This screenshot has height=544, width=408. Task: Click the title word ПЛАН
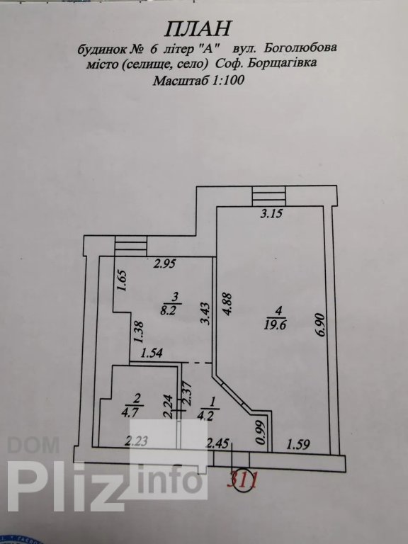[197, 28]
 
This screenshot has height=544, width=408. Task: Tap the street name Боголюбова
[300, 47]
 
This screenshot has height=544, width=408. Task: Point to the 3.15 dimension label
[272, 213]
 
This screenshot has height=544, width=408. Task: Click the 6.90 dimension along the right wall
[320, 324]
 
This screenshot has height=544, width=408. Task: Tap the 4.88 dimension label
[227, 305]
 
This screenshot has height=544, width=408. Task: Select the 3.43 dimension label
[205, 314]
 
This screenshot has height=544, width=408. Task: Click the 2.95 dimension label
[166, 264]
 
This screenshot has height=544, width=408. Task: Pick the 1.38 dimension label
[139, 333]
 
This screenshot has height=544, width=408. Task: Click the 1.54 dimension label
[152, 354]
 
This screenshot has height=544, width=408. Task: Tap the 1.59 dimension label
[298, 444]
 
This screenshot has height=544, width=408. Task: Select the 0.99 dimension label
[260, 432]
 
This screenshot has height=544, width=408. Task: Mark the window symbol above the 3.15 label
[269, 196]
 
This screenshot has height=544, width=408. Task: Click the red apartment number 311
[242, 481]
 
